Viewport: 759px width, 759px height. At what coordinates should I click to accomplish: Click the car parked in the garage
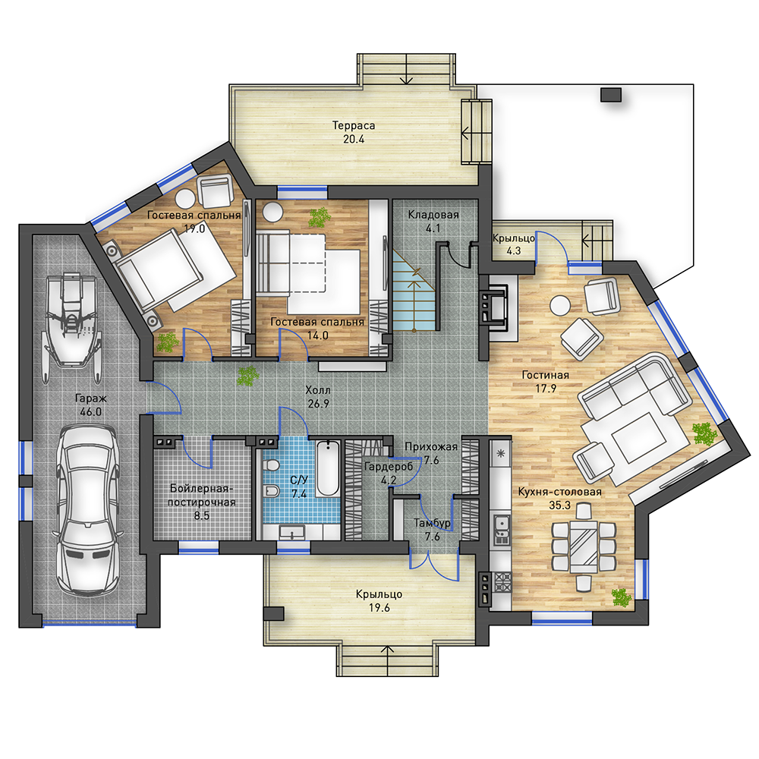(x=87, y=509)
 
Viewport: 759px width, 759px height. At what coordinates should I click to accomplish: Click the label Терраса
(x=354, y=125)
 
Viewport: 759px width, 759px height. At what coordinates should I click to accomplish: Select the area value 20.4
(x=354, y=139)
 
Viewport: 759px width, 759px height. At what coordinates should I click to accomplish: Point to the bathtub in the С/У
(x=328, y=468)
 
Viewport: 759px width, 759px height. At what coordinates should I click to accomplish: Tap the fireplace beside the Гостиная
(x=495, y=307)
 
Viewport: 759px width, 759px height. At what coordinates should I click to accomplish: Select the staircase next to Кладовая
(x=414, y=291)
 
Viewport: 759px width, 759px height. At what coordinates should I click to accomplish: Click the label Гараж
(x=90, y=398)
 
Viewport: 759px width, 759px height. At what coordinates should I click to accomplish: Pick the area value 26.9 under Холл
(x=319, y=403)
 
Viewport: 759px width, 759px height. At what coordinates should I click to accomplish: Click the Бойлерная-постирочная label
(x=201, y=495)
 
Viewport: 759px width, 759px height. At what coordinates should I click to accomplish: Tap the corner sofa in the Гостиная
(x=635, y=387)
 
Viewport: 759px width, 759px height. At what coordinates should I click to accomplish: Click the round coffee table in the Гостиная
(x=561, y=305)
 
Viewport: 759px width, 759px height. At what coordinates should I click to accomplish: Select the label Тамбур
(x=432, y=523)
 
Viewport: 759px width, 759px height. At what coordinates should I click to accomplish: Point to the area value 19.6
(x=379, y=607)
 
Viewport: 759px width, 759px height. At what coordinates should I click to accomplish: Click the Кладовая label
(x=433, y=215)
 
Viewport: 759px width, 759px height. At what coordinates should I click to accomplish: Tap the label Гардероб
(x=388, y=467)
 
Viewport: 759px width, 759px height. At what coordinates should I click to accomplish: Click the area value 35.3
(x=559, y=505)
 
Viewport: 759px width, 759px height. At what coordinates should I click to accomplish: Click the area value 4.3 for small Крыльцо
(x=514, y=250)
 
